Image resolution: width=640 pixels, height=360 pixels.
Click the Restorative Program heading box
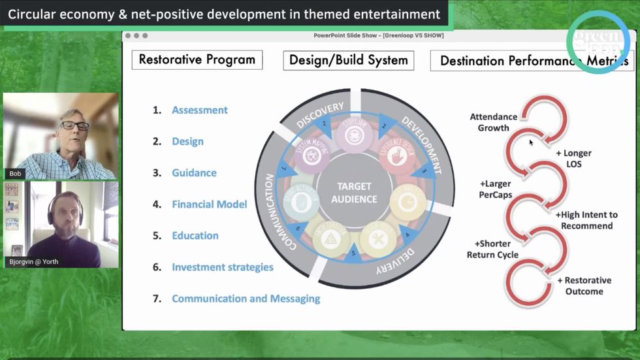click(197, 60)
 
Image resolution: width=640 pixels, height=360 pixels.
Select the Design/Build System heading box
click(349, 61)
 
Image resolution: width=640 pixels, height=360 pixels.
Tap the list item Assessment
click(200, 110)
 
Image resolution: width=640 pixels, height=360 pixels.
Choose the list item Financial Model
click(209, 205)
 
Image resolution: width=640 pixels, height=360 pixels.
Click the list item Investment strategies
click(222, 267)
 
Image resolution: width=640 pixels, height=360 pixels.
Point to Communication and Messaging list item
click(246, 299)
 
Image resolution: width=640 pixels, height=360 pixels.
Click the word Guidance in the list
click(194, 173)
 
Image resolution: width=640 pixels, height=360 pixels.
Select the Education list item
click(195, 236)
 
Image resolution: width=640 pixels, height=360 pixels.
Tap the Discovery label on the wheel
click(320, 115)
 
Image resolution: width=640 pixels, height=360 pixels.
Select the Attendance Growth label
click(494, 122)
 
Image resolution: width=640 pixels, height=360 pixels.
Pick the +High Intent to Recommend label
click(586, 220)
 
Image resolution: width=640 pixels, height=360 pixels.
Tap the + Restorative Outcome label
click(584, 286)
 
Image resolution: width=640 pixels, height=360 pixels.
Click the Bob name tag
click(14, 174)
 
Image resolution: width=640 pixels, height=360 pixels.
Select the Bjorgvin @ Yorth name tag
click(33, 262)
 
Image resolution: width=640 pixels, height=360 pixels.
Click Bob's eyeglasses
click(75, 126)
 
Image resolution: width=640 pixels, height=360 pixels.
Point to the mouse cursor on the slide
click(531, 142)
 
